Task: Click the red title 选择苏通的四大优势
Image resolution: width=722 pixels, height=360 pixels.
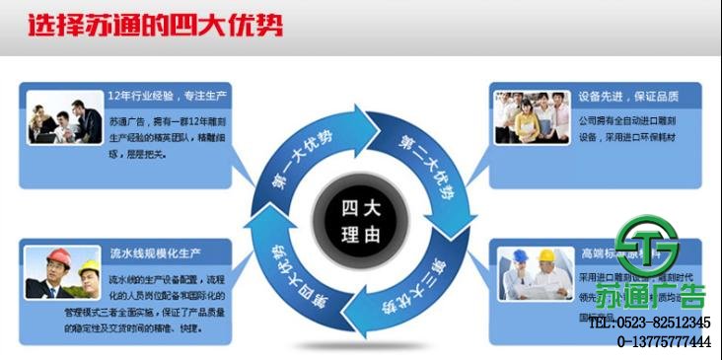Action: click(154, 24)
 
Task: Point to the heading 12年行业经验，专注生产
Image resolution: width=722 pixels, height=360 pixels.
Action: click(170, 97)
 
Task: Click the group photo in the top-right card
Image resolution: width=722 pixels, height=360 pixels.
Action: click(534, 118)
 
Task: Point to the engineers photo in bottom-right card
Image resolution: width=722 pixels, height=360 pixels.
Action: click(535, 273)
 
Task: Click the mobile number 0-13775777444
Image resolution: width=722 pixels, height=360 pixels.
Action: click(664, 342)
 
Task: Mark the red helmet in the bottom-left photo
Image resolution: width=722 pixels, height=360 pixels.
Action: click(56, 255)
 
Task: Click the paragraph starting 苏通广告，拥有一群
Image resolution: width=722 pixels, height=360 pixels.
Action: click(169, 139)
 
